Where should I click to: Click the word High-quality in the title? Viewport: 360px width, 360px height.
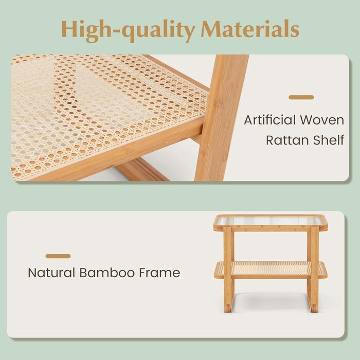pyautogui.click(x=128, y=31)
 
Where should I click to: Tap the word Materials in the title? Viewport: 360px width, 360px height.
pyautogui.click(x=250, y=29)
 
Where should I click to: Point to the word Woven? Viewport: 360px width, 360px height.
pyautogui.click(x=322, y=120)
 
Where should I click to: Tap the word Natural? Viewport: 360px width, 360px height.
pyautogui.click(x=51, y=273)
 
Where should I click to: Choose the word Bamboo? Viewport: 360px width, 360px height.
pyautogui.click(x=107, y=273)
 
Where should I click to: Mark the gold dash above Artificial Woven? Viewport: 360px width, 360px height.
pyautogui.click(x=301, y=97)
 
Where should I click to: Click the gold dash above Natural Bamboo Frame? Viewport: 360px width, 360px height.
pyautogui.click(x=58, y=256)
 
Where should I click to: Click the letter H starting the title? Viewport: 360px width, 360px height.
pyautogui.click(x=70, y=29)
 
